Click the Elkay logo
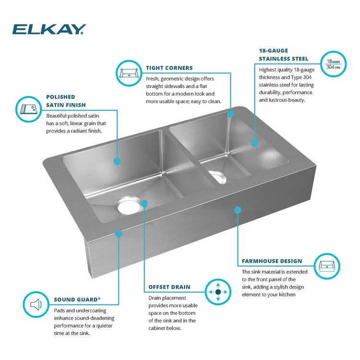pyautogui.click(x=49, y=29)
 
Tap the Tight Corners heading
pyautogui.click(x=169, y=68)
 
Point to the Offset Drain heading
pyautogui.click(x=169, y=287)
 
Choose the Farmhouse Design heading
pyautogui.click(x=272, y=262)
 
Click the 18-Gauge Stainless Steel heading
pyautogui.click(x=283, y=54)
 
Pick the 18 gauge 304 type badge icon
pyautogui.click(x=333, y=64)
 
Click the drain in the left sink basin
pyautogui.click(x=129, y=206)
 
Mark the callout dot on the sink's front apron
pyautogui.click(x=237, y=209)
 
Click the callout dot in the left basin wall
pyautogui.click(x=117, y=161)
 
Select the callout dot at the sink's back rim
pyautogui.click(x=230, y=114)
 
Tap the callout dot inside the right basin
pyautogui.click(x=255, y=142)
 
